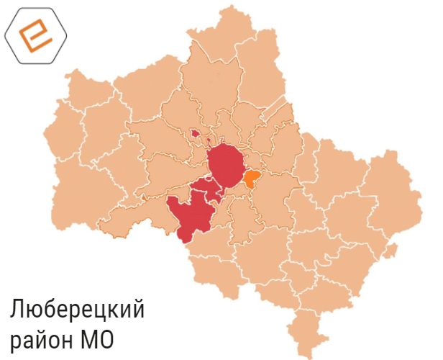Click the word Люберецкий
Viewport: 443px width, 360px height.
[x=77, y=311]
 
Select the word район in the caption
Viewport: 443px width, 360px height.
[x=44, y=340]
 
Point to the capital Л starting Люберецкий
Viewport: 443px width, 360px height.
[x=17, y=310]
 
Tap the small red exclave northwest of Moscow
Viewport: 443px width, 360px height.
[x=194, y=132]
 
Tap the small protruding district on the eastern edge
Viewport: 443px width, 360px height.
[x=390, y=250]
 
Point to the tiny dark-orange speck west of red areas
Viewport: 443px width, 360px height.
[x=143, y=195]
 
